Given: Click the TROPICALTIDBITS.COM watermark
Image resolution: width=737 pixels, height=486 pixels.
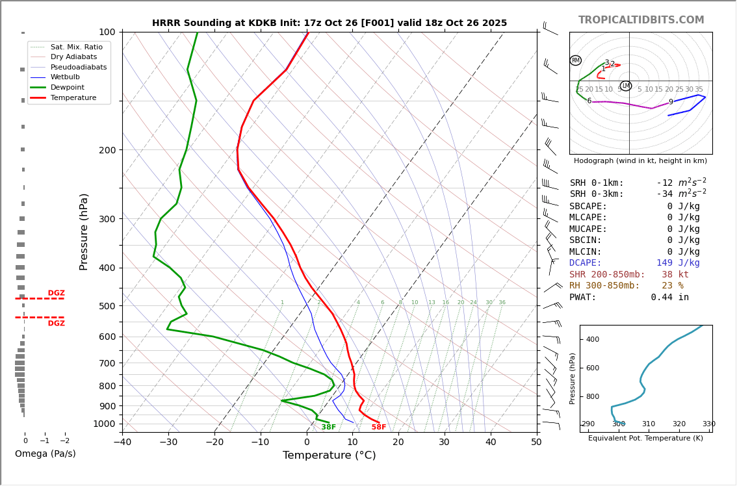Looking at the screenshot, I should [x=641, y=20].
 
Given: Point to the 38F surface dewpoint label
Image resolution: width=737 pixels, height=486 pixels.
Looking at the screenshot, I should [x=328, y=428].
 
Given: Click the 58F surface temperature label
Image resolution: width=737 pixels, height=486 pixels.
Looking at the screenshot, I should [x=378, y=428].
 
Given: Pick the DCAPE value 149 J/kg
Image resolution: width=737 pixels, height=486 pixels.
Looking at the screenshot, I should [x=678, y=263].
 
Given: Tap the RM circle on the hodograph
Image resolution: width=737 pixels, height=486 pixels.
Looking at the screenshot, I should [x=575, y=60].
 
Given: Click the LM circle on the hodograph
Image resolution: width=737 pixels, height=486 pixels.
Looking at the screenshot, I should [x=626, y=86].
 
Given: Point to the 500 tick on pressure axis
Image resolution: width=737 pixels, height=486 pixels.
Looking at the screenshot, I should [x=107, y=306].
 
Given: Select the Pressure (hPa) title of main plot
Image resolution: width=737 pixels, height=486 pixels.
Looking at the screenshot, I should [x=84, y=231].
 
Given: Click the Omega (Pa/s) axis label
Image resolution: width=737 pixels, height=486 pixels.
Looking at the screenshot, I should [x=45, y=454].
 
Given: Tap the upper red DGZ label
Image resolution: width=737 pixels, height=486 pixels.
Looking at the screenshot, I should [x=56, y=294].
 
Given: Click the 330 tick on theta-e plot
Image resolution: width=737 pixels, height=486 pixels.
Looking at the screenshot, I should [x=708, y=424].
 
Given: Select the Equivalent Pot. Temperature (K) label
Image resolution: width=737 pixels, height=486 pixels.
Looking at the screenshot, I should [x=645, y=439].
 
